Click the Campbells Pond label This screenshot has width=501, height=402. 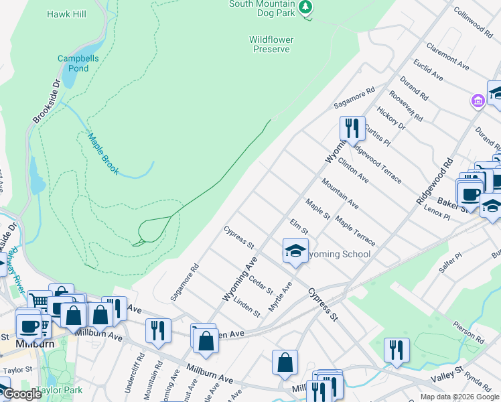[73, 63]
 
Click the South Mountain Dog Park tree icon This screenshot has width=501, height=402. [306, 7]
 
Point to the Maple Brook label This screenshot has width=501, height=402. [103, 153]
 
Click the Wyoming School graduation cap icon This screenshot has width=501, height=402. [295, 251]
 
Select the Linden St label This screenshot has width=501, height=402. [247, 305]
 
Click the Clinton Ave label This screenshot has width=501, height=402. [354, 170]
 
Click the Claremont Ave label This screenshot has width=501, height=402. [447, 58]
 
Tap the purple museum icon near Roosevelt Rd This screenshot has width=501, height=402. [478, 101]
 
